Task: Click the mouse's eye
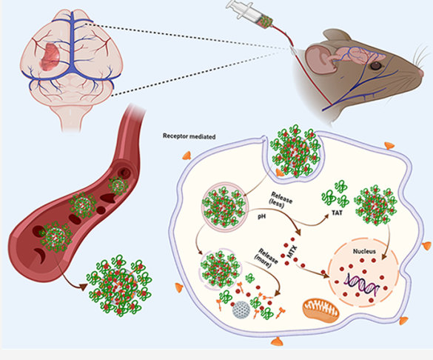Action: pos(375,66)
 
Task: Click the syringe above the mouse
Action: pos(250,14)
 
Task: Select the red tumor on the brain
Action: pos(50,56)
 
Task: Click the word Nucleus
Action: pos(364,251)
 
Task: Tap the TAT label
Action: pos(337,213)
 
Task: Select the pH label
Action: pos(261,216)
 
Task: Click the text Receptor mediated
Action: pos(189,136)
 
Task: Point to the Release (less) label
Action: pos(281,200)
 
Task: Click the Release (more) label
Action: pos(266,258)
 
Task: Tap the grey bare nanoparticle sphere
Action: pos(241,310)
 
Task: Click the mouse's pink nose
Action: pos(421,73)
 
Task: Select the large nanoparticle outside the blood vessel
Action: pos(119,286)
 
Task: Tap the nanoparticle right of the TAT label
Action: pos(375,205)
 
